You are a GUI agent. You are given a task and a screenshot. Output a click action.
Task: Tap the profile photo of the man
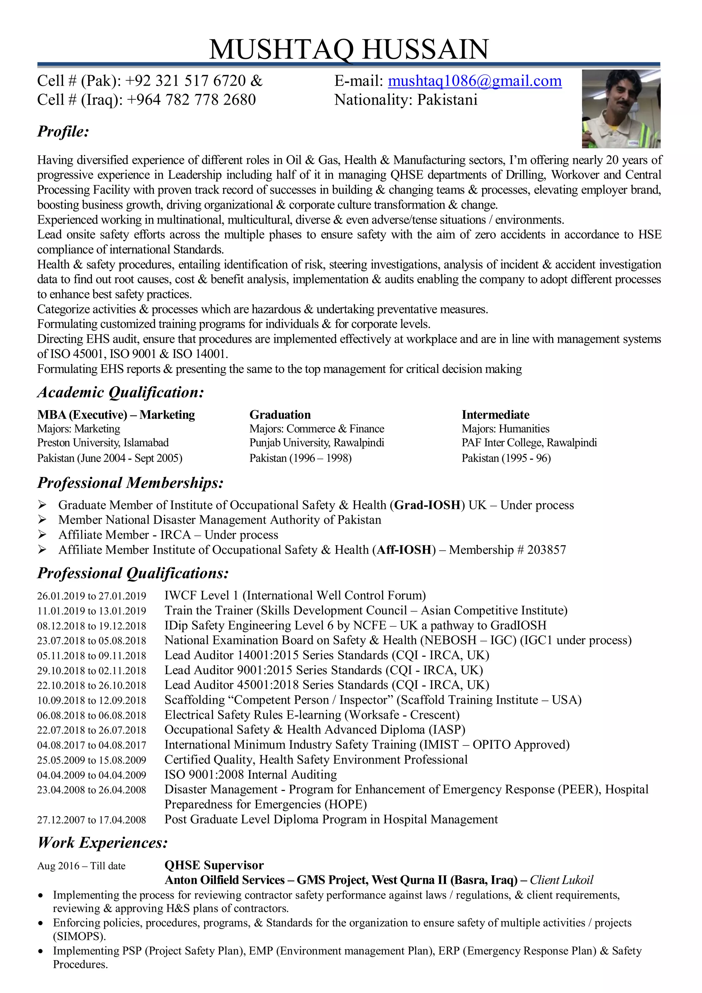621,109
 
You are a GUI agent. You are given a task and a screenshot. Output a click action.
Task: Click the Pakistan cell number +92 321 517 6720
185,81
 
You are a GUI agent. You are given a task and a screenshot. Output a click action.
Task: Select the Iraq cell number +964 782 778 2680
191,100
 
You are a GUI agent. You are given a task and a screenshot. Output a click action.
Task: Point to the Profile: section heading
63,131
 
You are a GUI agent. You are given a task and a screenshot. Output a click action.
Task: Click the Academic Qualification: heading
120,392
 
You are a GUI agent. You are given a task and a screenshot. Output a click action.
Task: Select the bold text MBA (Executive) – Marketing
116,415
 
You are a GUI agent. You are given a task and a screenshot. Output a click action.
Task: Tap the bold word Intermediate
495,415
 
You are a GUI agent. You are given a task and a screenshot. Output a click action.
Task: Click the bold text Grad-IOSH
427,505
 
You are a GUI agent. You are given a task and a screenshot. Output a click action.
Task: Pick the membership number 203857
546,550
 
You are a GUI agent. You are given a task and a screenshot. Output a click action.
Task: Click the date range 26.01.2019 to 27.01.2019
92,596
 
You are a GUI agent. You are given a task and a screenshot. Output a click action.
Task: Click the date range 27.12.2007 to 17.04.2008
92,820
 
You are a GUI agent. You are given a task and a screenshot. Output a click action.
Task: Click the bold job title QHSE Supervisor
214,865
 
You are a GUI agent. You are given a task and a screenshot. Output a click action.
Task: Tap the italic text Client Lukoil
561,880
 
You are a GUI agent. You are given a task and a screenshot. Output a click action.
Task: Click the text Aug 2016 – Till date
81,866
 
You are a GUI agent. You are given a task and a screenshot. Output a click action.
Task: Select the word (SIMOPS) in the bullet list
79,936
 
